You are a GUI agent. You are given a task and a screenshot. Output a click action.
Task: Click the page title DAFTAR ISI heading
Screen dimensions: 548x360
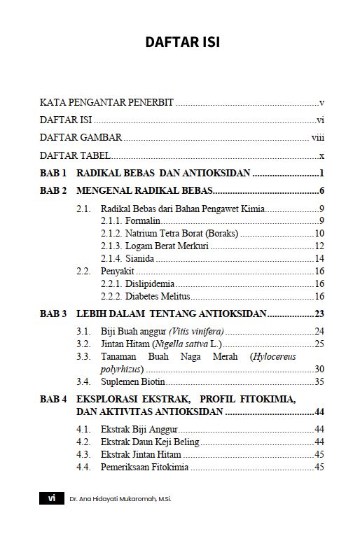(x=182, y=43)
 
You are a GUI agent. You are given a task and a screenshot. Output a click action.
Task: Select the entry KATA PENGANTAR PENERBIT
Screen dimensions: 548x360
(x=106, y=102)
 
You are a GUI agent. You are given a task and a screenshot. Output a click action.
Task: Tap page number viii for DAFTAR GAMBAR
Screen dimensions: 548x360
(x=317, y=138)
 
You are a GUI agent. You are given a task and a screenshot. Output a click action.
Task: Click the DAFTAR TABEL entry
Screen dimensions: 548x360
(x=73, y=155)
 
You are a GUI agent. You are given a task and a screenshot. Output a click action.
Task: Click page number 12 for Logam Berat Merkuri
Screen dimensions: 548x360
(x=319, y=246)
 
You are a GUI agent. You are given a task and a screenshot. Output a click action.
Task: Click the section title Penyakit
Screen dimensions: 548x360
(x=118, y=271)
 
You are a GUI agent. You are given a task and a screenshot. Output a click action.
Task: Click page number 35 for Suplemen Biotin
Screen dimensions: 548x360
(x=319, y=381)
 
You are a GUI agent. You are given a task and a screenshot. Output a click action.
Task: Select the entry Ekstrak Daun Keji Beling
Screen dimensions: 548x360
(x=151, y=442)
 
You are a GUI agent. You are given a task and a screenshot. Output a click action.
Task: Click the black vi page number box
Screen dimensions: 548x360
(x=51, y=498)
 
